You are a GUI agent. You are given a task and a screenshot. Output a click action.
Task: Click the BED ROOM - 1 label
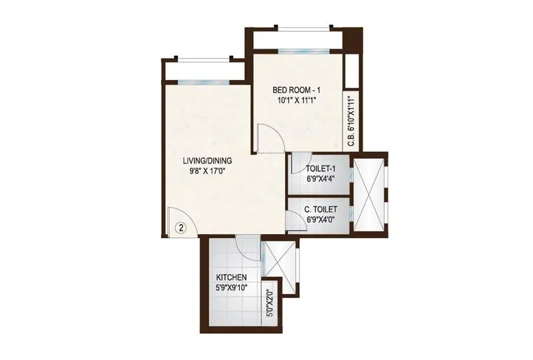click(x=296, y=90)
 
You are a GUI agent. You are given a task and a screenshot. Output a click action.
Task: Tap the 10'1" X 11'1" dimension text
click(x=296, y=100)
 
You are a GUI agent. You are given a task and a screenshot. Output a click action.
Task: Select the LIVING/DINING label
click(x=207, y=161)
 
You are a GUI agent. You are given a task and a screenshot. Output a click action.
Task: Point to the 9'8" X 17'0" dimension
click(x=207, y=171)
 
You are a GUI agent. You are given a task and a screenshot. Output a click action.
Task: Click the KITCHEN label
click(x=232, y=277)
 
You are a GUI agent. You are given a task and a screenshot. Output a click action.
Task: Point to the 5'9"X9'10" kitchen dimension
click(x=232, y=287)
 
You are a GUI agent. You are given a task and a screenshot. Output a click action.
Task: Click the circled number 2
click(x=181, y=228)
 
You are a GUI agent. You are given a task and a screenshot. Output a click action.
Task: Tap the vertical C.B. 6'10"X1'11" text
click(x=352, y=121)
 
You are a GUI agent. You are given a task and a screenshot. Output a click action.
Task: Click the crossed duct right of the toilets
click(x=368, y=195)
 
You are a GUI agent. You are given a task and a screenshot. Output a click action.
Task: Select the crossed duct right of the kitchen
click(x=279, y=267)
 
